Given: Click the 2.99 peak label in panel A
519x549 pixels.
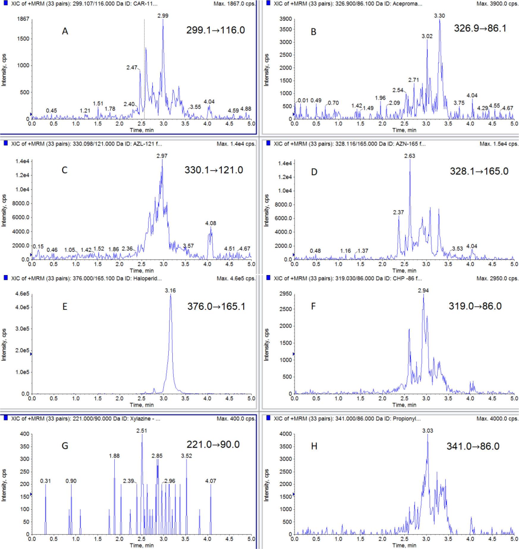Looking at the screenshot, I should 163,16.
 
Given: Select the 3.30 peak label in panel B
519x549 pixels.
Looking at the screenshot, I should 439,16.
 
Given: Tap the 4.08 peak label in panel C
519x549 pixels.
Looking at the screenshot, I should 210,223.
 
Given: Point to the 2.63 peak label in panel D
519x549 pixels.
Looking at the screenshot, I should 410,156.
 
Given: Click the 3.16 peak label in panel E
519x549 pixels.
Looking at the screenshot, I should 170,290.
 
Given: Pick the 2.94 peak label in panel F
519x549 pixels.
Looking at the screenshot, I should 423,290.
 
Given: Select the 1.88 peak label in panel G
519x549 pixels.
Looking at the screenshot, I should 114,456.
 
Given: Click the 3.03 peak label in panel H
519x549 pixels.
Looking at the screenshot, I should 427,430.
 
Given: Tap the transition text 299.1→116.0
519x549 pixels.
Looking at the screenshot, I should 216,30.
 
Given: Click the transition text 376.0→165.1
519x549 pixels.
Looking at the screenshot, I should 216,306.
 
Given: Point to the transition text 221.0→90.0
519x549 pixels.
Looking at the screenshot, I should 213,444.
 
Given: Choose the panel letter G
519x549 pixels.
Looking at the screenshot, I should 65,446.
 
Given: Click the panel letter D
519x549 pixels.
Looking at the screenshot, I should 314,172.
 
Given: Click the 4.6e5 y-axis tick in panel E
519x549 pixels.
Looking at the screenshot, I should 22,294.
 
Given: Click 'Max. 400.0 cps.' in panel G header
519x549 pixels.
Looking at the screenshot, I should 236,419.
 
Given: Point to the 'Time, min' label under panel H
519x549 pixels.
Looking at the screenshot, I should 404,545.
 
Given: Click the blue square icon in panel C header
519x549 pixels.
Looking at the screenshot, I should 5,143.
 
